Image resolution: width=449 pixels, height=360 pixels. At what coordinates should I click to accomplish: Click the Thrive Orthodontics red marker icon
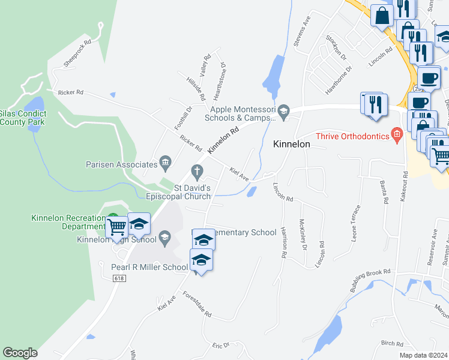(x=396, y=135)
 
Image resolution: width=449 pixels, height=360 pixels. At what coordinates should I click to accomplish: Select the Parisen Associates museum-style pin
(x=165, y=163)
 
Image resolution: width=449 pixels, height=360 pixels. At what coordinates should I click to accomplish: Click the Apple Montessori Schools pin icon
(x=285, y=110)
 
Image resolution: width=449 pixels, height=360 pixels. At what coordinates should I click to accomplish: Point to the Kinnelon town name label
(x=292, y=145)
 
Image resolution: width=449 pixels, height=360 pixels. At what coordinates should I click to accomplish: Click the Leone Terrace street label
(x=355, y=223)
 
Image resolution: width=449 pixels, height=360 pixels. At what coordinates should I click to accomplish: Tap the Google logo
(x=20, y=353)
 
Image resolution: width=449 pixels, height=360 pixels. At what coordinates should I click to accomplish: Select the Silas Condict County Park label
(x=22, y=117)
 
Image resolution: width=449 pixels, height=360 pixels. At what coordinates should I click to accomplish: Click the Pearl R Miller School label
(x=149, y=267)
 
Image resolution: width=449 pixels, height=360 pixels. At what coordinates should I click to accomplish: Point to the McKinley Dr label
(x=303, y=235)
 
